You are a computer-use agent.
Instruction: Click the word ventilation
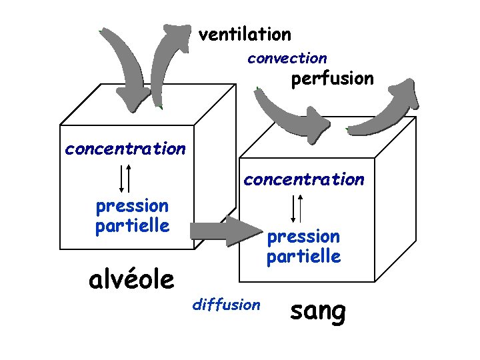pos(245,34)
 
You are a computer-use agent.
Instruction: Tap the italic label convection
pos(287,59)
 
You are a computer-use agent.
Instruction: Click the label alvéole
pos(131,279)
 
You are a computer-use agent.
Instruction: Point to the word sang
pos(319,311)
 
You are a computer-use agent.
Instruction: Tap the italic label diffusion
pos(226,305)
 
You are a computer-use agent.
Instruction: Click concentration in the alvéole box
pos(125,149)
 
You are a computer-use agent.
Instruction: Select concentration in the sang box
pos(304,179)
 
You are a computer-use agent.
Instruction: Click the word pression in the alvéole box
pos(132,206)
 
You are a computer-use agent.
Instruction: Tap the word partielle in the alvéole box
pos(132,225)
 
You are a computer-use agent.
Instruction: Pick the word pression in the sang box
pos(303,237)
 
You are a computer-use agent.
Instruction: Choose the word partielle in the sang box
pos(303,256)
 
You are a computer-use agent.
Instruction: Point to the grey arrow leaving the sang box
pos(387,110)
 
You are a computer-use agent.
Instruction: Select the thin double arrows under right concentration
pos(297,207)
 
